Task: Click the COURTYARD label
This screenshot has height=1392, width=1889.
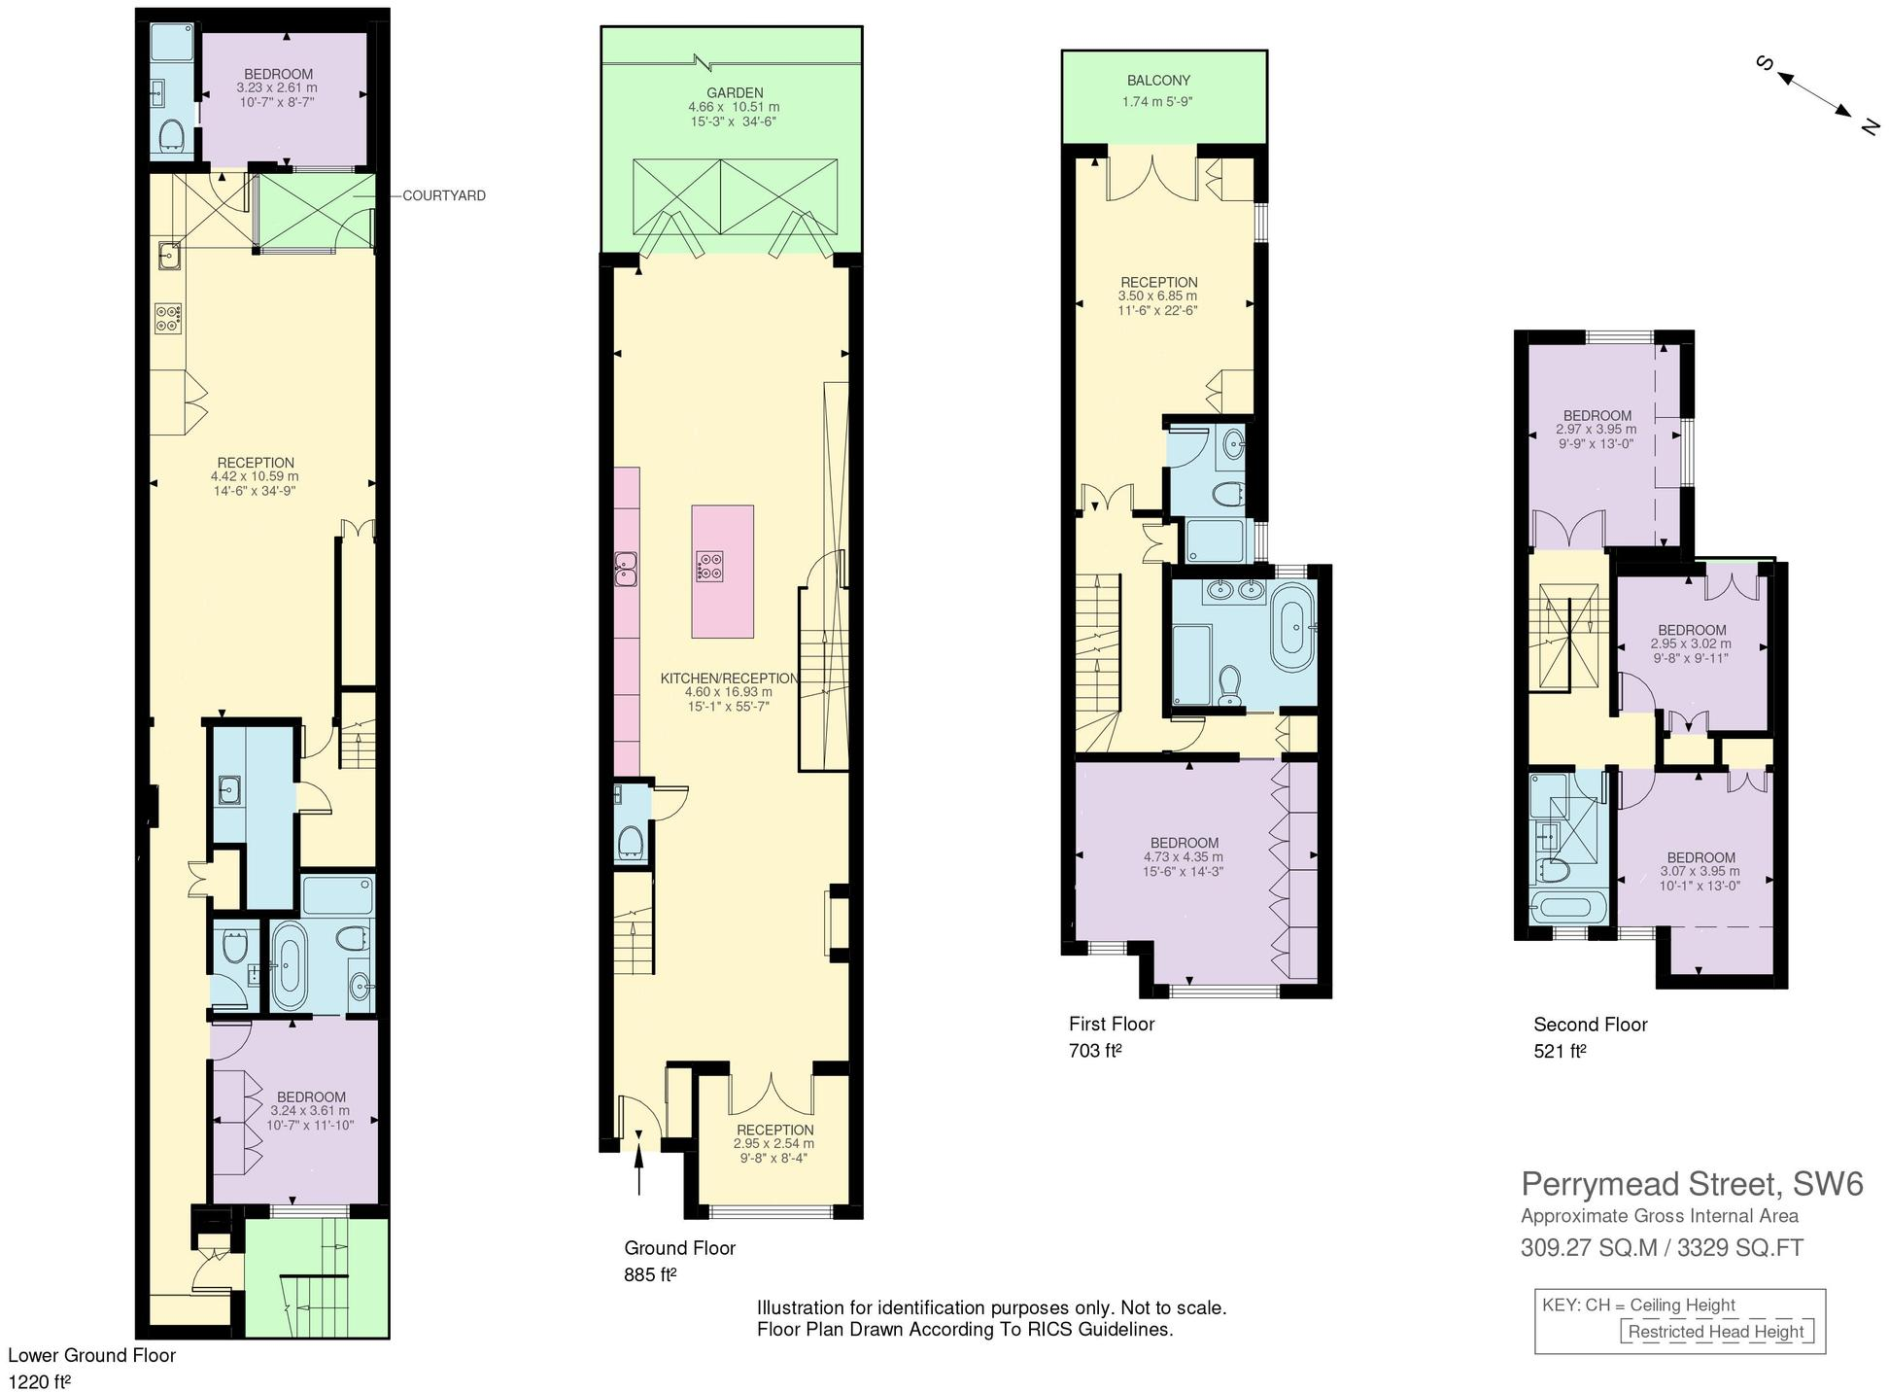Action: click(443, 195)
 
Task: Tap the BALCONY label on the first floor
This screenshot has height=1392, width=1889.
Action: click(1158, 81)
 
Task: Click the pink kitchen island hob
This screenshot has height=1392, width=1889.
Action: click(709, 567)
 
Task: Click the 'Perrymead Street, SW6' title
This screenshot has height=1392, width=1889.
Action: click(1692, 1184)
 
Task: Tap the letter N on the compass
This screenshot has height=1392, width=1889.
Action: click(1867, 125)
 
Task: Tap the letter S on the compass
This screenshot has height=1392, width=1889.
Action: click(1766, 64)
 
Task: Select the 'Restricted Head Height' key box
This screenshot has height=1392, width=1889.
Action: click(1715, 1332)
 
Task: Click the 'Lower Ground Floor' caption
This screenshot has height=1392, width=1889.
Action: click(92, 1355)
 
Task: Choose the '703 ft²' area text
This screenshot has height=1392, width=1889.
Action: click(1095, 1051)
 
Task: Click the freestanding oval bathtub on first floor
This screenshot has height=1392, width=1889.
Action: click(1293, 630)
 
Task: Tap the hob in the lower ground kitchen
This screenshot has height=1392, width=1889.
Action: click(167, 318)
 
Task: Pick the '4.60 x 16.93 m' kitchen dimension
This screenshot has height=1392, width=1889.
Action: click(728, 692)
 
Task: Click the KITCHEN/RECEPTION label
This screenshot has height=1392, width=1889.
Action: click(729, 679)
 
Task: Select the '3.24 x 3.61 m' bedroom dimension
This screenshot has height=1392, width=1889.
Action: click(311, 1110)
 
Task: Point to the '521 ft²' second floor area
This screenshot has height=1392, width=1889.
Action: click(1560, 1051)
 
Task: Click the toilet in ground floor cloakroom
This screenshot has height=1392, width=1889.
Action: click(632, 842)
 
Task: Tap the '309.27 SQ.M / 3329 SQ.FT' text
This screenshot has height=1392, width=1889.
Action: click(1662, 1247)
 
